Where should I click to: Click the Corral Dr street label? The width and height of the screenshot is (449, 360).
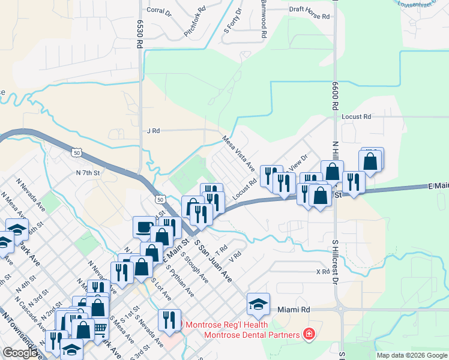coord(159,10)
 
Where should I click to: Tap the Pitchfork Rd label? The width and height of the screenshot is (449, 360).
coord(194,26)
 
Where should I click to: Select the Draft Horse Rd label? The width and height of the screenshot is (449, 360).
coord(310,9)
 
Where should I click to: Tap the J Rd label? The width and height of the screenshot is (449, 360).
coord(153,130)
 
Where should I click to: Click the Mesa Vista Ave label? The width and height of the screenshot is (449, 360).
coord(239,152)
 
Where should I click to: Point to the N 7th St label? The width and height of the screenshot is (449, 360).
coord(87,173)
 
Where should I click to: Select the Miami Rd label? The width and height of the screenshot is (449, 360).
coord(294,310)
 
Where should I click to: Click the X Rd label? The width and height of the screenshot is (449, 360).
coord(323,272)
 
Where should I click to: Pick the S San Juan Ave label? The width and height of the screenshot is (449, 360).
coord(213,262)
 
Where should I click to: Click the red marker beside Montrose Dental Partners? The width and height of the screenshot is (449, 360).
coord(309,334)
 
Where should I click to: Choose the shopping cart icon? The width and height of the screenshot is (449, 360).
coord(100,327)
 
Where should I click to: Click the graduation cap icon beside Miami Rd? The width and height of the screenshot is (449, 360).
coord(258,304)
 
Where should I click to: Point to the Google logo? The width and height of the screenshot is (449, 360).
coord(20,353)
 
